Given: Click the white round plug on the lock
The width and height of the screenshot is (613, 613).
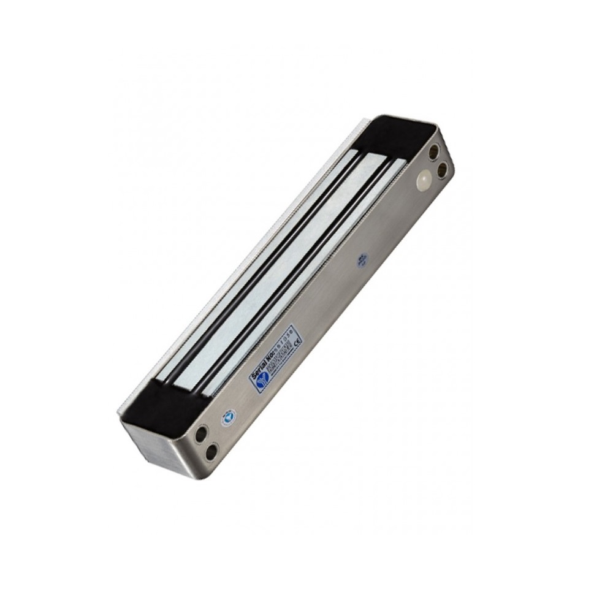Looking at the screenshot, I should [424, 180].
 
